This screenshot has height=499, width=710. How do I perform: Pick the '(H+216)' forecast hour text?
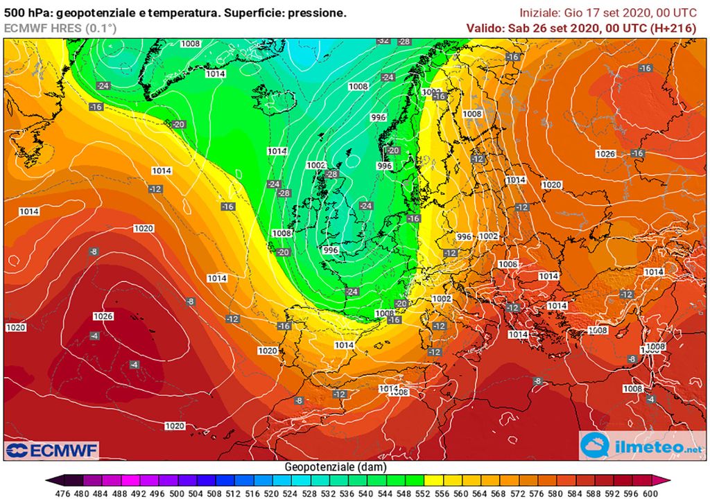pos(673,28)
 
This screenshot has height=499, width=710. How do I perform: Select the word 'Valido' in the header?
pos(485,28)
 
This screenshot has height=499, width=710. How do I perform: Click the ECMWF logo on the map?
pos(52,450)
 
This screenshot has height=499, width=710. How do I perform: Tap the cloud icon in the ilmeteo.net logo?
pos(596,445)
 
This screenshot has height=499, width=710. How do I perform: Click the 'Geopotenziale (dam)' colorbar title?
pos(336,467)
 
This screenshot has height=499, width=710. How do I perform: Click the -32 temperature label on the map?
pos(383,41)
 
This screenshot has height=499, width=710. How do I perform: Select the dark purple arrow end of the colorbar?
pos(51,480)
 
